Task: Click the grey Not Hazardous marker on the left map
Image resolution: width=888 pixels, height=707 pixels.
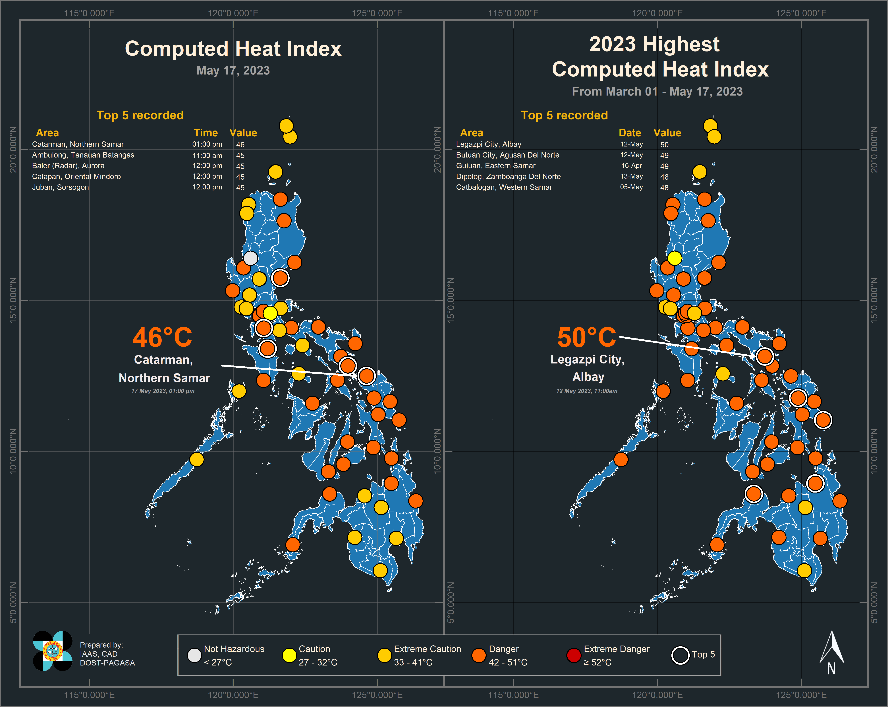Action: pos(250,258)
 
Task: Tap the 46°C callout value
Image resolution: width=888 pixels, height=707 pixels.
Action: pos(162,337)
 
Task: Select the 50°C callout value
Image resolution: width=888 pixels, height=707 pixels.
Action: pos(586,337)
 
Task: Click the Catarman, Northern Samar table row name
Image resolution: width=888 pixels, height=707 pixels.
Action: pos(78,144)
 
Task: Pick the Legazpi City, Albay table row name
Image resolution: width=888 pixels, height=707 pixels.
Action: pos(488,144)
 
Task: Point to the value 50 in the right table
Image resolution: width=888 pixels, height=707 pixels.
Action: pos(664,145)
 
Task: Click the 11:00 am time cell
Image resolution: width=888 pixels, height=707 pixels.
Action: pos(207,155)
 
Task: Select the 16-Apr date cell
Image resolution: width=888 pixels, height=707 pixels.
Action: pos(631,166)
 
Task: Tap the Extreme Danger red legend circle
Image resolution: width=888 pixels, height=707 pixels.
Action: pos(574,655)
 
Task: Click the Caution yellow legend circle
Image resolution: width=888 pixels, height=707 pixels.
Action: pos(290,655)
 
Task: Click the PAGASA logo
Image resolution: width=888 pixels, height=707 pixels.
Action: pos(53,651)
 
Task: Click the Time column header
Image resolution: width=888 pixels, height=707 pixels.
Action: pos(206,133)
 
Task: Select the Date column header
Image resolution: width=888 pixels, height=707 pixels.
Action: pos(630,133)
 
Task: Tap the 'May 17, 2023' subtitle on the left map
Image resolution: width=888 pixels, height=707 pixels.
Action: pos(233,71)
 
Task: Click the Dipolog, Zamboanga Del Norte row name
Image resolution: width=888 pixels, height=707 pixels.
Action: pos(508,176)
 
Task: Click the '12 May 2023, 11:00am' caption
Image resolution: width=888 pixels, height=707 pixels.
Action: pos(586,391)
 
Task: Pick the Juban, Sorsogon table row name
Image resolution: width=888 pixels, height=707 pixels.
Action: pos(61,187)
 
